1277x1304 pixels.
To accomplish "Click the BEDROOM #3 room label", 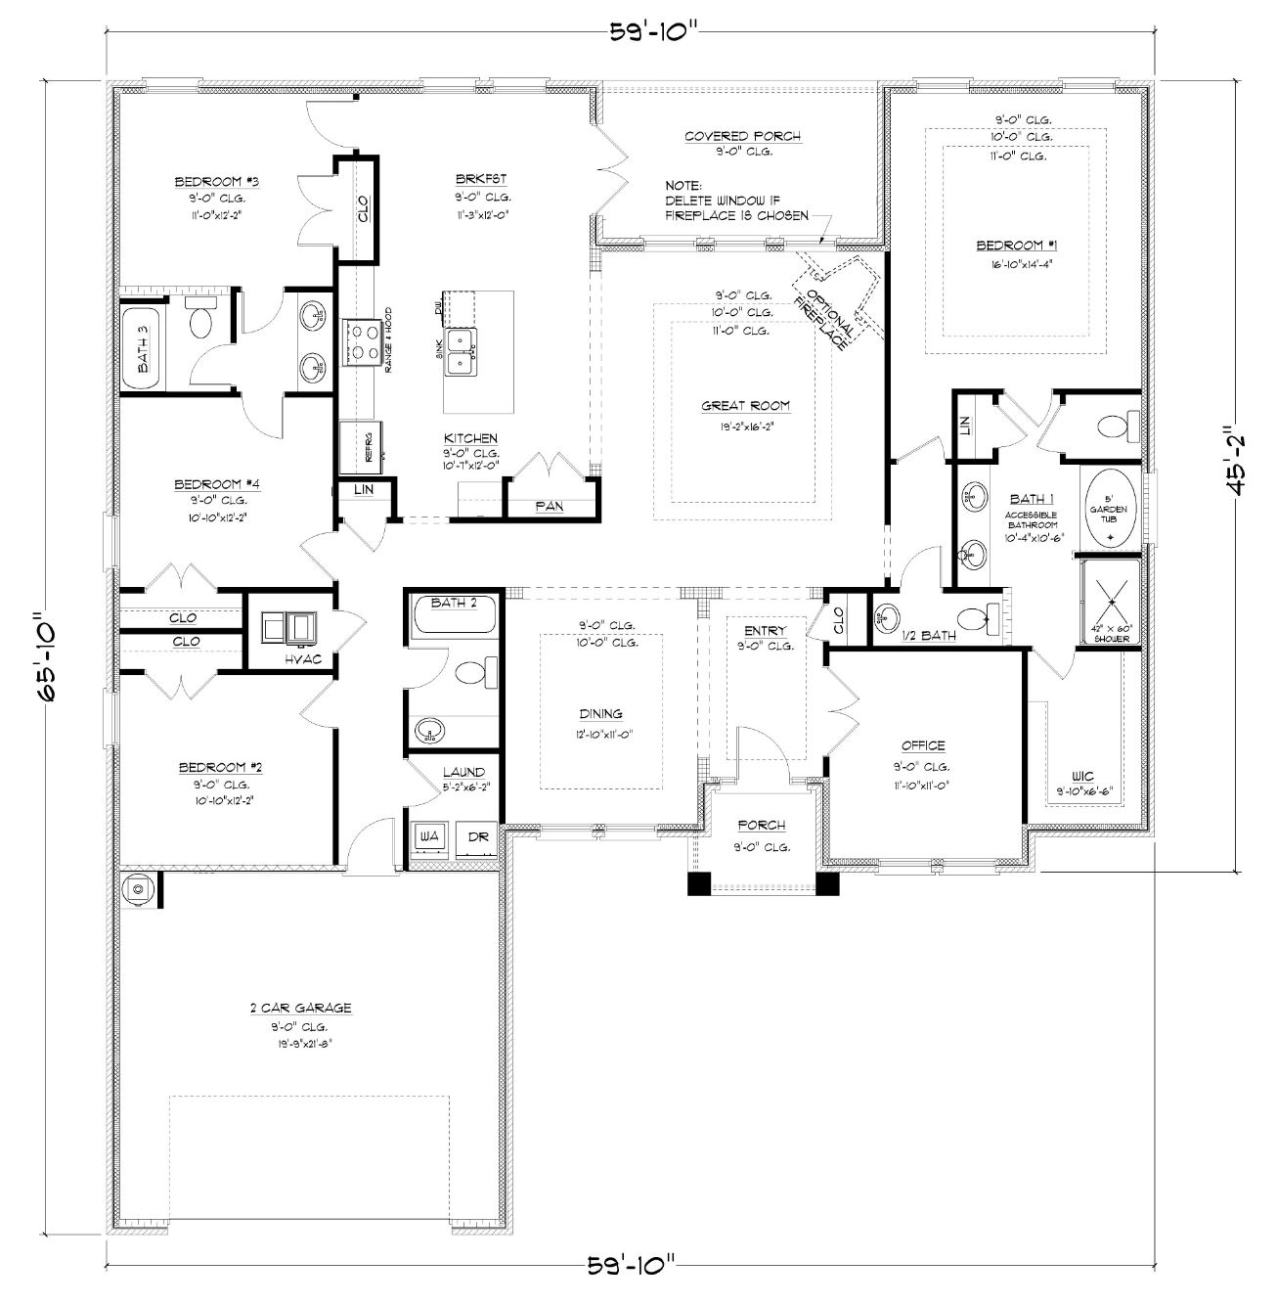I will coord(201,182).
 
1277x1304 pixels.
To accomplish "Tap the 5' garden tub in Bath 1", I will coord(1109,509).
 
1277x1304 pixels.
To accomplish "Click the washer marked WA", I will coord(428,837).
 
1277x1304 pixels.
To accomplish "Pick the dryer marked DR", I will coord(477,837).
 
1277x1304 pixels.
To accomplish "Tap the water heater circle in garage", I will coord(138,889).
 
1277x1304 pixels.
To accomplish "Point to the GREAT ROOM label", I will coord(745,406).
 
